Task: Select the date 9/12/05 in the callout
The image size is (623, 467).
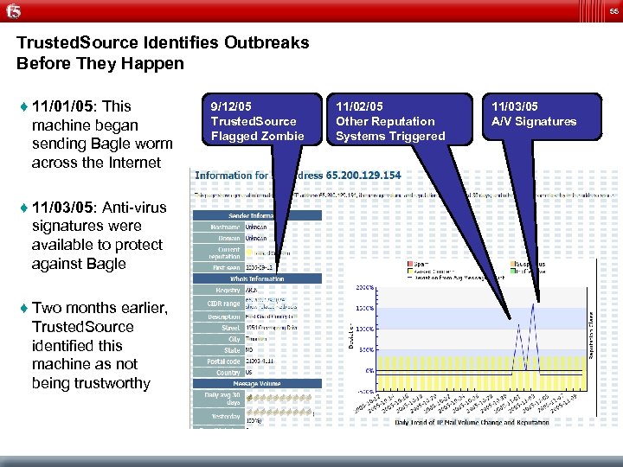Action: coord(232,106)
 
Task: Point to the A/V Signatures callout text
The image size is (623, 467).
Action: coord(533,121)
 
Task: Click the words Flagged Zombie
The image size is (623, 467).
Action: coord(258,136)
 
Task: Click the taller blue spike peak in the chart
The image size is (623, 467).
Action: coord(534,304)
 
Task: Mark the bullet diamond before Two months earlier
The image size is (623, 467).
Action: coord(20,309)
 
